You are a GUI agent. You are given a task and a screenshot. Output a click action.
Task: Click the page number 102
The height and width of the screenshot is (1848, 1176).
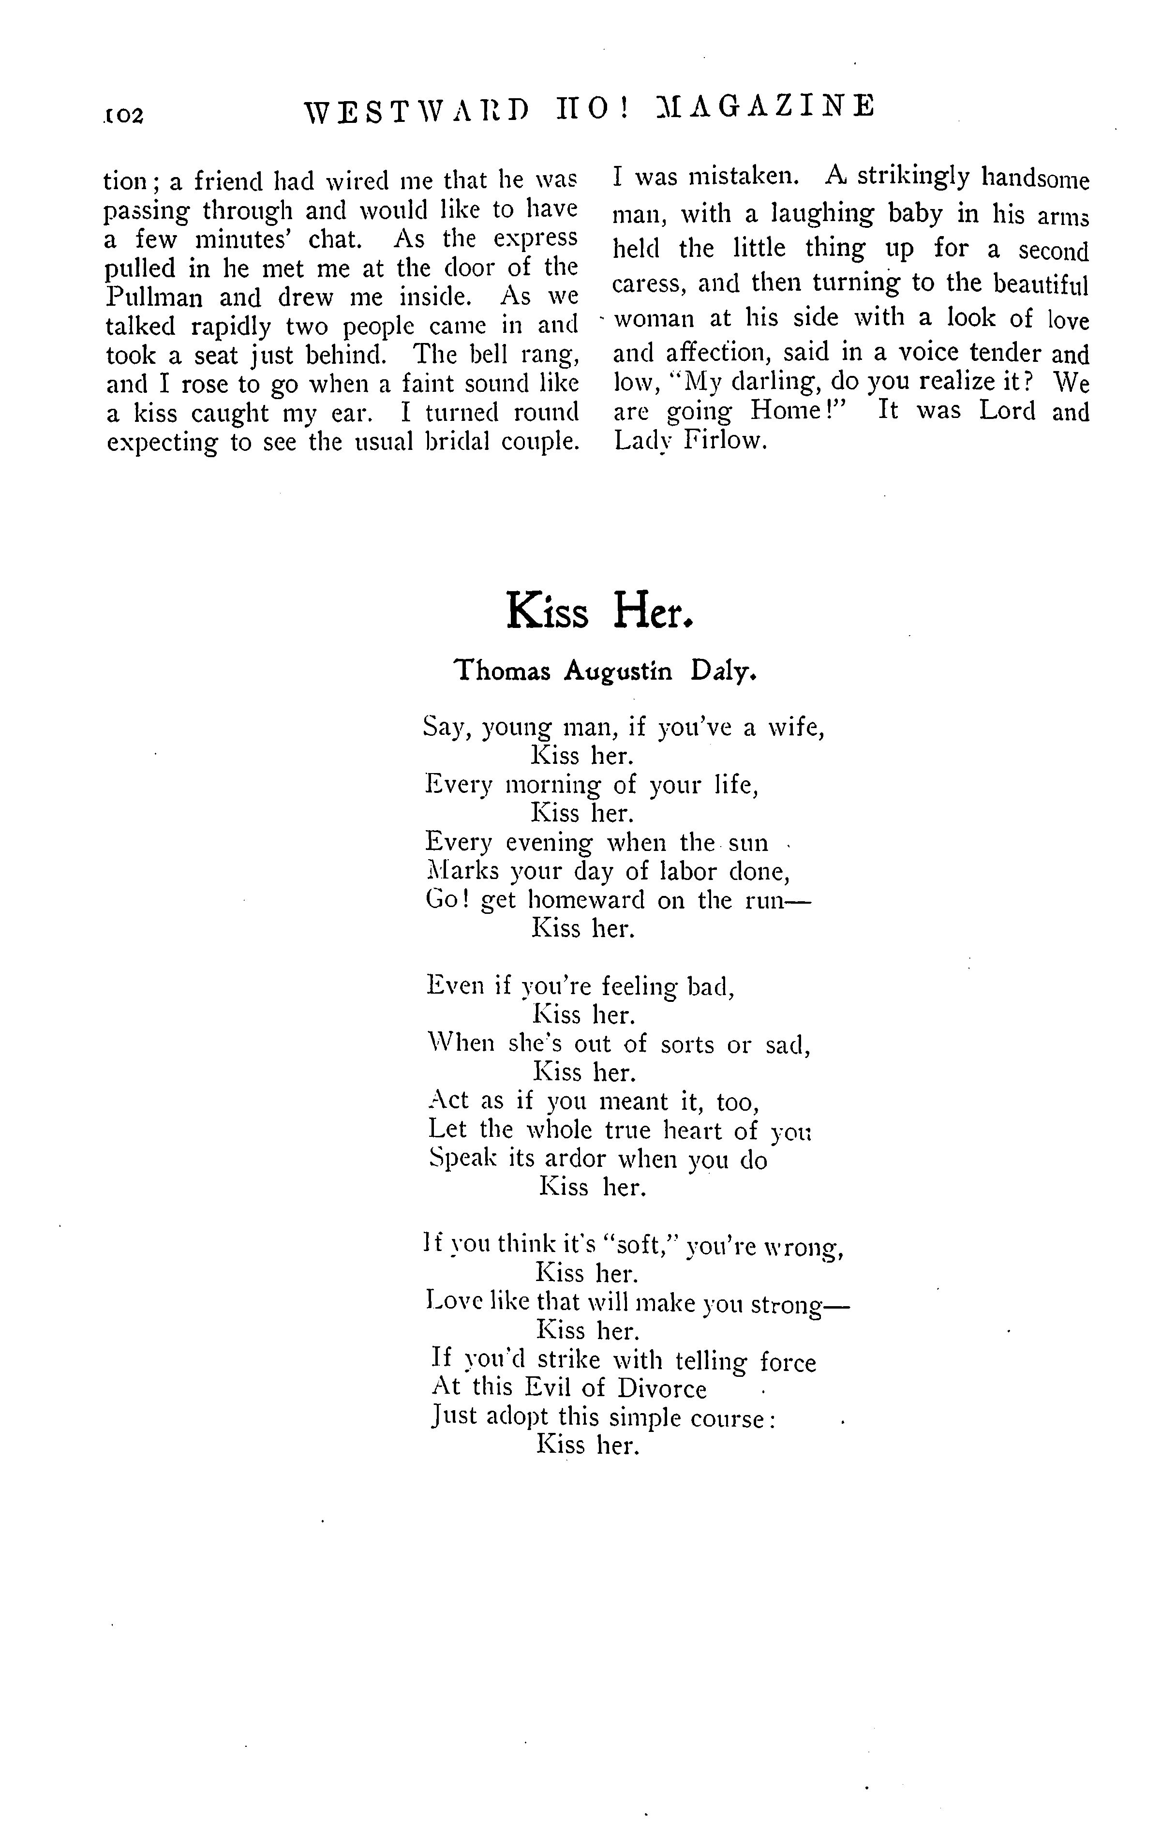coord(123,115)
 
